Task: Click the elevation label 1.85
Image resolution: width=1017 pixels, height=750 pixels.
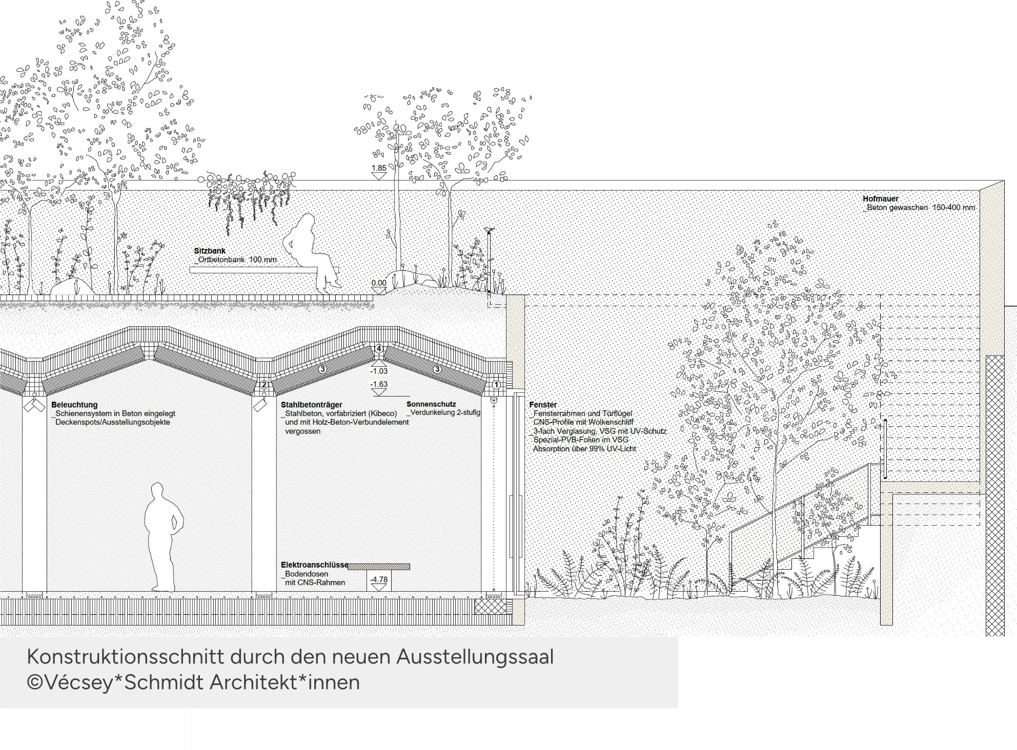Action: pyautogui.click(x=379, y=168)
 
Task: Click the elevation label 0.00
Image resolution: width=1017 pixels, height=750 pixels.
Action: pyautogui.click(x=379, y=283)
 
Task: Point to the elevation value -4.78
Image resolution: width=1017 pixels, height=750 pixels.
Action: pyautogui.click(x=379, y=580)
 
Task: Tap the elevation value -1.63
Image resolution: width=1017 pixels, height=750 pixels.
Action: pyautogui.click(x=379, y=384)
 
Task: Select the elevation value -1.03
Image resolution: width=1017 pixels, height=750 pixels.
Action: pyautogui.click(x=379, y=371)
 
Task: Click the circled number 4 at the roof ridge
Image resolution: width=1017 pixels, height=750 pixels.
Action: pyautogui.click(x=379, y=349)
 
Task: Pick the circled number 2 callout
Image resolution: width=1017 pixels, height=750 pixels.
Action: pyautogui.click(x=264, y=385)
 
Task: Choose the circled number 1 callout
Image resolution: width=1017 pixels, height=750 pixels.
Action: pyautogui.click(x=496, y=384)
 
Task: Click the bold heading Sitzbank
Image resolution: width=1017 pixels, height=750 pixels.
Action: pyautogui.click(x=210, y=251)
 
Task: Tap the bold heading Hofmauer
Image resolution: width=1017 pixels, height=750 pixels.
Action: pyautogui.click(x=881, y=199)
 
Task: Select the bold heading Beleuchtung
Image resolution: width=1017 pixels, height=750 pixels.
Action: pyautogui.click(x=74, y=405)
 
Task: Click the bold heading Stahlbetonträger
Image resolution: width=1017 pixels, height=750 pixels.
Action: pyautogui.click(x=312, y=405)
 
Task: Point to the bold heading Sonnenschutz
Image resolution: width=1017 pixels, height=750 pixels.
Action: pyautogui.click(x=431, y=404)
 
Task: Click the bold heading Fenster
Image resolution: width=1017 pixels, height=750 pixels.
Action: pyautogui.click(x=543, y=405)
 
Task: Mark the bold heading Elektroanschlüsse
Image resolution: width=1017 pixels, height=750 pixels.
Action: pyautogui.click(x=315, y=565)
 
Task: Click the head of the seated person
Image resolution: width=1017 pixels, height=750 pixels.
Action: pyautogui.click(x=306, y=221)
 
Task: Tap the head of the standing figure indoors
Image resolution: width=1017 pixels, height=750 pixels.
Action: pyautogui.click(x=158, y=490)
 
